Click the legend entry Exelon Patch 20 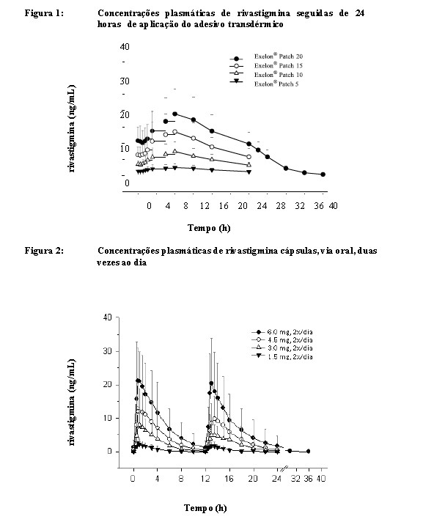(266, 56)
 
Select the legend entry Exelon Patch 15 (266, 65)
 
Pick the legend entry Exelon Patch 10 (266, 75)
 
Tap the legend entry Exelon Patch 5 (264, 84)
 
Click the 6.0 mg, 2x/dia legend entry (282, 332)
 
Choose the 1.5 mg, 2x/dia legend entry (282, 356)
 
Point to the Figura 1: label (44, 13)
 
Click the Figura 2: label (44, 250)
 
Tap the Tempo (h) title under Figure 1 (209, 228)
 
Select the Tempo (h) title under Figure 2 (206, 508)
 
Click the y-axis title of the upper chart (72, 128)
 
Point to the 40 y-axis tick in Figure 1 (125, 47)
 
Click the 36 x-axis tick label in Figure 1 (319, 206)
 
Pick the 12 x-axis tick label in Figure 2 (205, 479)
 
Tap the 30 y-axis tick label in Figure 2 (107, 351)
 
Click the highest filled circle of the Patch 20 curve (174, 114)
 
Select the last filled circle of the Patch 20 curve (323, 174)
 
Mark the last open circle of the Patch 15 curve (249, 157)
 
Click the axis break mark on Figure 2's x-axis (284, 468)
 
